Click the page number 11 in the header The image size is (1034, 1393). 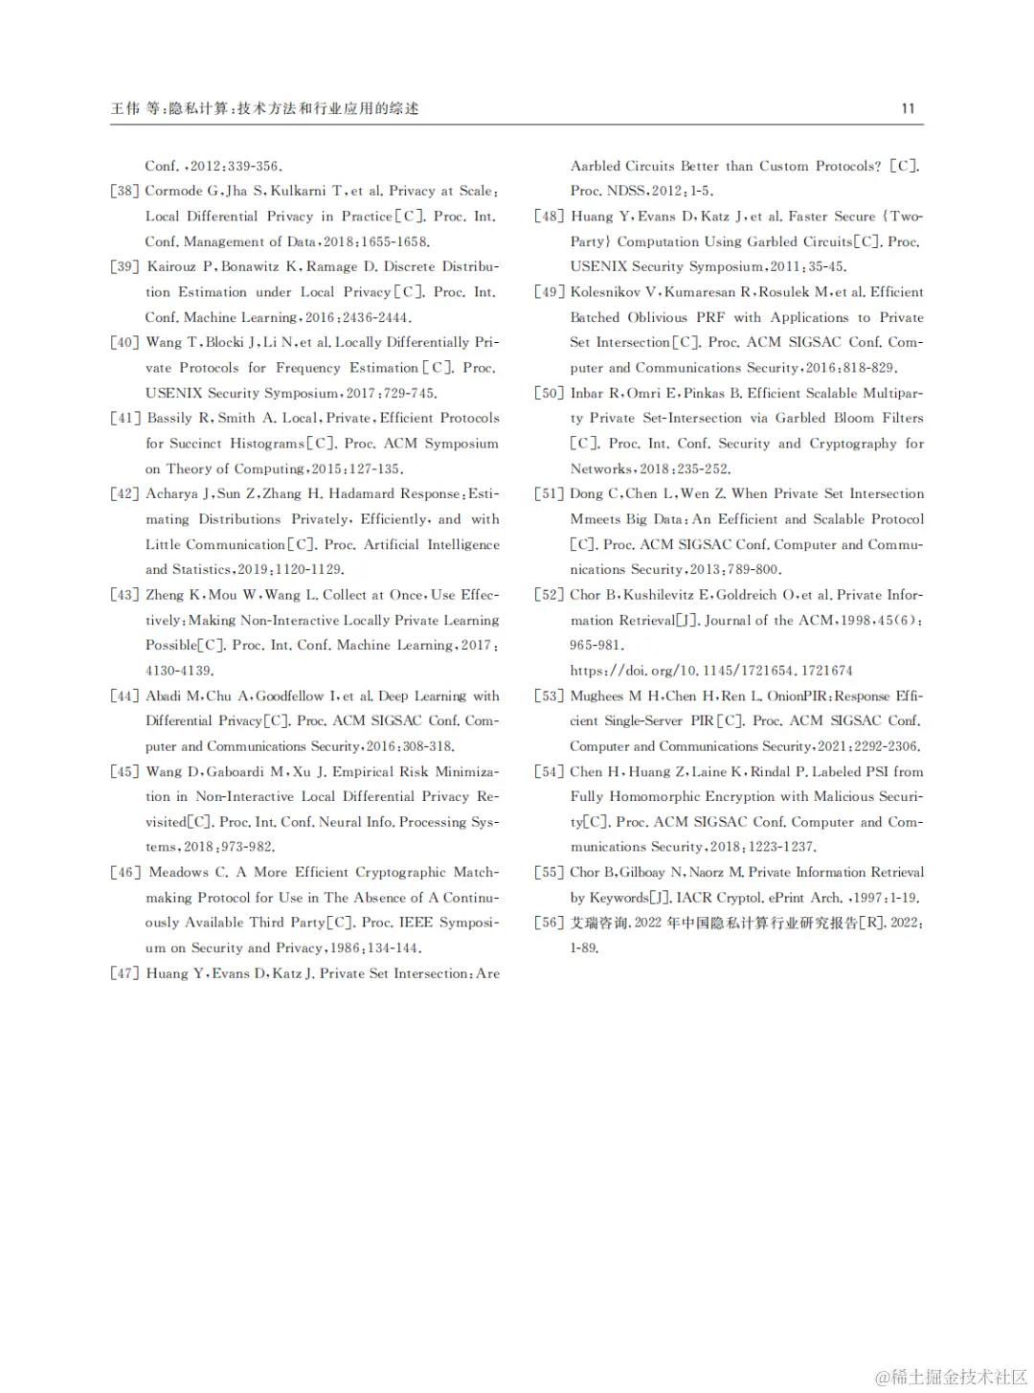[908, 108]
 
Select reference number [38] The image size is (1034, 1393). [124, 191]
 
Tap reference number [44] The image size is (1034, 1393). [124, 696]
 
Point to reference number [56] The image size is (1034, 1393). [550, 923]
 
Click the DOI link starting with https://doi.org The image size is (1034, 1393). [710, 671]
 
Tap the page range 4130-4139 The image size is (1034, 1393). [179, 671]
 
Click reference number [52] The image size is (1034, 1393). [550, 595]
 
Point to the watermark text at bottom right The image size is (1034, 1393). [950, 1377]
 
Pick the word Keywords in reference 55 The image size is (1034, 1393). [618, 898]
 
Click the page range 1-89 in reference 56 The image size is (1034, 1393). [584, 948]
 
